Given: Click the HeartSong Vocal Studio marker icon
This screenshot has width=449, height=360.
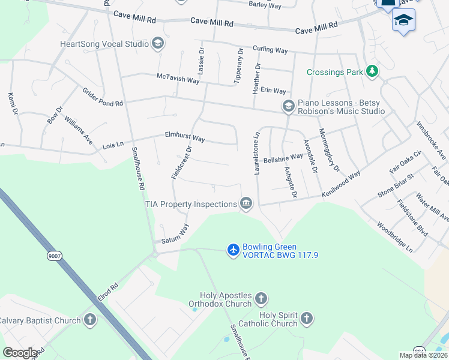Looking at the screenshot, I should pos(158,43).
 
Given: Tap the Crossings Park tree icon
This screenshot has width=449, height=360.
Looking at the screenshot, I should pos(373,71).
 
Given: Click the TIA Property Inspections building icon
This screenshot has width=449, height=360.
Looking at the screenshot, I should pos(246,204).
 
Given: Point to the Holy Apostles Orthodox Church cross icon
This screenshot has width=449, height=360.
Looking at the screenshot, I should pos(261,298).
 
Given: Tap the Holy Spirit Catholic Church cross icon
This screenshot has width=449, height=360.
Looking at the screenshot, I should pos(306,317).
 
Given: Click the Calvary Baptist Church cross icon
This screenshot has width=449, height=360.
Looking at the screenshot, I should pos(90,320).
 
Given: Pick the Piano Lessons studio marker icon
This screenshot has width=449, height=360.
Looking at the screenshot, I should pos(288,106).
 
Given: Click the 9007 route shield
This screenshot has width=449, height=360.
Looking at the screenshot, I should pos(55,256).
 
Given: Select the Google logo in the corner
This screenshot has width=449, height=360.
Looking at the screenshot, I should pos(20,352).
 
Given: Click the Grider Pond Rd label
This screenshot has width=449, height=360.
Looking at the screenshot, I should pos(103,97).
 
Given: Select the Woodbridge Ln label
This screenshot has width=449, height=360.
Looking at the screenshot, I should pos(395,238).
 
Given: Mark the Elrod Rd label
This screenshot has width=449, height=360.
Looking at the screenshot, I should pos(109,291).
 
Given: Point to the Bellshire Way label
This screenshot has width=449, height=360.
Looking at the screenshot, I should pos(284,157).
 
